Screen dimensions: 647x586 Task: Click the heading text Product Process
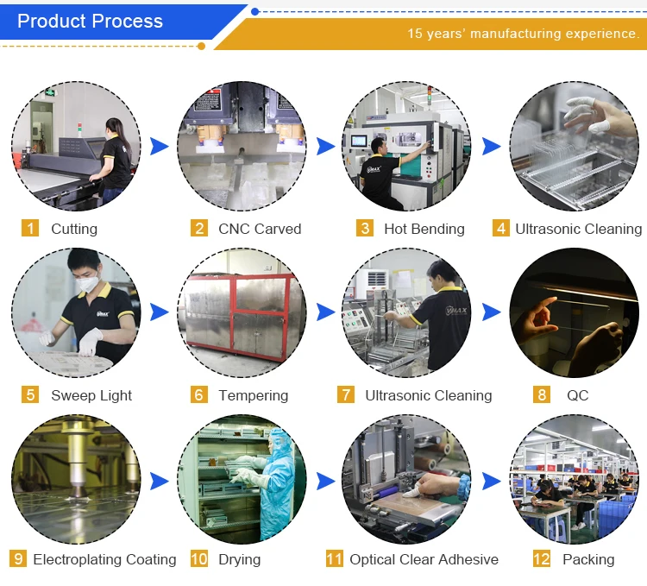[x=90, y=22]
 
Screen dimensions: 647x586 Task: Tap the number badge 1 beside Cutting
[x=31, y=229]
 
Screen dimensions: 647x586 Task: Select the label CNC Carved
[x=260, y=229]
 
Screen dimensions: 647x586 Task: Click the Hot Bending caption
[x=424, y=229]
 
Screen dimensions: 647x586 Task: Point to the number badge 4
[x=501, y=229]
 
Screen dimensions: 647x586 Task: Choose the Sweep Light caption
[x=91, y=395]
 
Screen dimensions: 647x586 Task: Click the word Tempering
[x=253, y=395]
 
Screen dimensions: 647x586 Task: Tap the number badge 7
[x=346, y=395]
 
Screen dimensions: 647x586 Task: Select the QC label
[x=577, y=395]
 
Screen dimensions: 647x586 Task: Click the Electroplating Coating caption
[x=104, y=559]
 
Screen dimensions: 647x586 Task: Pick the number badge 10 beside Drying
[x=199, y=559]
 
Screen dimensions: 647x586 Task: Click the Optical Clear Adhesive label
[x=424, y=559]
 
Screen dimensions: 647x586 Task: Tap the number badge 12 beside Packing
[x=542, y=559]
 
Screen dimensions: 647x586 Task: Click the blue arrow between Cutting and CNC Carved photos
[x=159, y=147]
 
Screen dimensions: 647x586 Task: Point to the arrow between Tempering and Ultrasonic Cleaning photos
[x=325, y=312]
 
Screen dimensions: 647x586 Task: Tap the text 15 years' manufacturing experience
[x=523, y=34]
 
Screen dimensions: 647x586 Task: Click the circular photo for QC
[x=574, y=312]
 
